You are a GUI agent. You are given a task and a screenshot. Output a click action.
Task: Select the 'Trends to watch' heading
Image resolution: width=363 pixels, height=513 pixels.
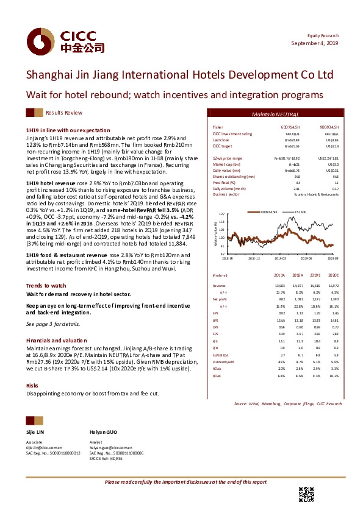click(x=46, y=286)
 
